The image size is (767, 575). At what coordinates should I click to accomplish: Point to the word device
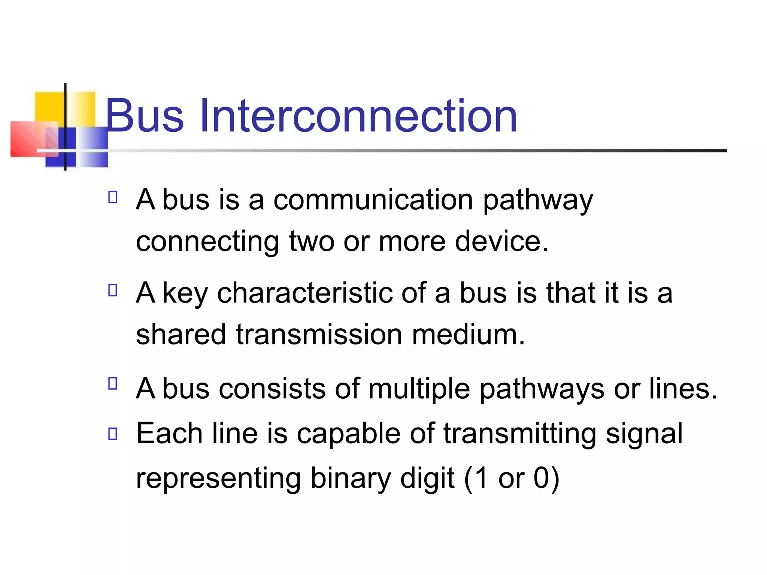tap(501, 241)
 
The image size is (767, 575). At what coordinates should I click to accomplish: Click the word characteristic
tap(305, 293)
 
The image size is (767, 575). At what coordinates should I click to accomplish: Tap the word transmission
tap(319, 334)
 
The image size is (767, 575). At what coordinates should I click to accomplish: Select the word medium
tap(468, 334)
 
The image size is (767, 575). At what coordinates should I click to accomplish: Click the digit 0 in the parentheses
tap(541, 478)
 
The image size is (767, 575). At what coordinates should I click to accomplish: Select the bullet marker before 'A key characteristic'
tap(113, 290)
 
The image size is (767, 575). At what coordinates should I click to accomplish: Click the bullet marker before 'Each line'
tap(113, 433)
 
